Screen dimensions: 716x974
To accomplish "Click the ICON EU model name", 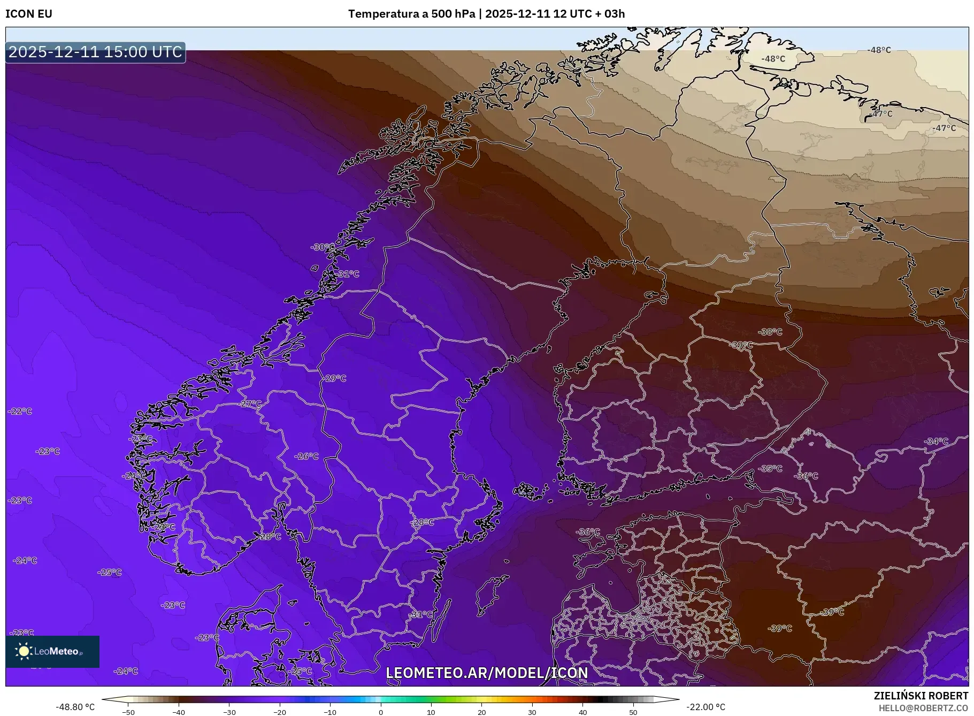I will coord(29,14).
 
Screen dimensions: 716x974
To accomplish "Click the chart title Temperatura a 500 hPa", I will coord(411,14).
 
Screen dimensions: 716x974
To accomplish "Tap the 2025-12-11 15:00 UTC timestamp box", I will coord(95,52).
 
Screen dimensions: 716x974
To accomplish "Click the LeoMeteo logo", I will coord(52,651).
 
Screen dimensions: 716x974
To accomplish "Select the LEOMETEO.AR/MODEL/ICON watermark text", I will coord(487,673).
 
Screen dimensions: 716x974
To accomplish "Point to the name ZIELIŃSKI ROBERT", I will coord(921,696).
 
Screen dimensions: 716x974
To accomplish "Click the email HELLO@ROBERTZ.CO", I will coord(923,708).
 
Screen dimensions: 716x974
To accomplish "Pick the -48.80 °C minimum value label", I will coord(75,707).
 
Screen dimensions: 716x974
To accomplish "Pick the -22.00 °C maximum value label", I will coord(705,707).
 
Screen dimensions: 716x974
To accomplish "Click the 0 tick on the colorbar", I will coord(381,712).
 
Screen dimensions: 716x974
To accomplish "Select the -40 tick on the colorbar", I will coord(179,712).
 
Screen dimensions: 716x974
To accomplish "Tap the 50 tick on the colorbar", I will coord(633,712).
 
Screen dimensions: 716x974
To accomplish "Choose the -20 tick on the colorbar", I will coord(280,712).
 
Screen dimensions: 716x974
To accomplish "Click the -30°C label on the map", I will coord(323,247).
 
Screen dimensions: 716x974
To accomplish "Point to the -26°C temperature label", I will coord(306,456).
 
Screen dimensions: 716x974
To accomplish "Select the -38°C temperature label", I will coord(770,332).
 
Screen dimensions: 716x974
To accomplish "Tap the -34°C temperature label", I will coord(936,441).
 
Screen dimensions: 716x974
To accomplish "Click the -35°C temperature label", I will coord(770,468).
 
